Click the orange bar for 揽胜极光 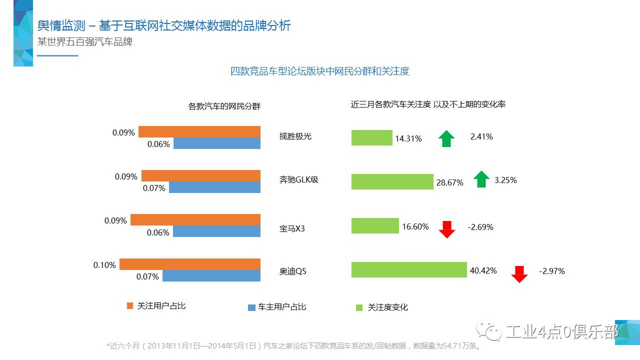199,132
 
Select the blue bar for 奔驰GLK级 214,187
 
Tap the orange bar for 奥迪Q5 190,264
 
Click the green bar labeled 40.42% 409,269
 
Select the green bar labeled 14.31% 371,137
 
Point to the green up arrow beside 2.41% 446,138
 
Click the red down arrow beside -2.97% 519,274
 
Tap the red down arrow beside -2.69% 446,229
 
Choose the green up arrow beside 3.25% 481,179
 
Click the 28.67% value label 449,182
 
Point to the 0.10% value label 104,264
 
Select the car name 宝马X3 292,228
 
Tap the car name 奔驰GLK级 298,179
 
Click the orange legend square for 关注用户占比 130,305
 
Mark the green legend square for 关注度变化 359,307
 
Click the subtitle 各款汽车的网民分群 224,106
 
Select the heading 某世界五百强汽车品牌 85,42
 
